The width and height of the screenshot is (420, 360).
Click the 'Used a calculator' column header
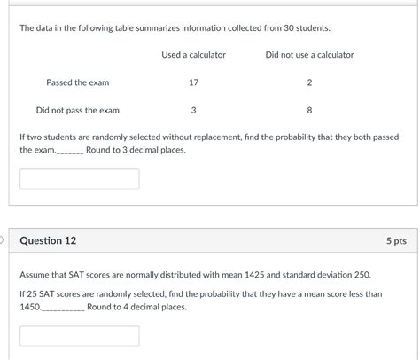(193, 55)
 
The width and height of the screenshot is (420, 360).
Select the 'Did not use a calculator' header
(309, 55)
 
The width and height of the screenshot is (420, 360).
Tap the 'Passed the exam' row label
(77, 82)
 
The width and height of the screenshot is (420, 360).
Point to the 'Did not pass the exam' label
(77, 111)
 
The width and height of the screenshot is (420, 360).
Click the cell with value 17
(193, 82)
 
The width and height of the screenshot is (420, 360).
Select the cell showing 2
(309, 82)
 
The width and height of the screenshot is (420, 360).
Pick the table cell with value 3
(193, 111)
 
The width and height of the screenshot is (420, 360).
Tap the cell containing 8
(309, 111)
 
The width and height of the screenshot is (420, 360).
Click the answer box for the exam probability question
(80, 179)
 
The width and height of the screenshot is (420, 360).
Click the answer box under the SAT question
(80, 336)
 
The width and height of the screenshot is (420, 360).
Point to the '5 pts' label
(395, 240)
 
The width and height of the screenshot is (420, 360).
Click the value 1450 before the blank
(30, 307)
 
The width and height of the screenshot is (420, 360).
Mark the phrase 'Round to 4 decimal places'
(137, 307)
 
